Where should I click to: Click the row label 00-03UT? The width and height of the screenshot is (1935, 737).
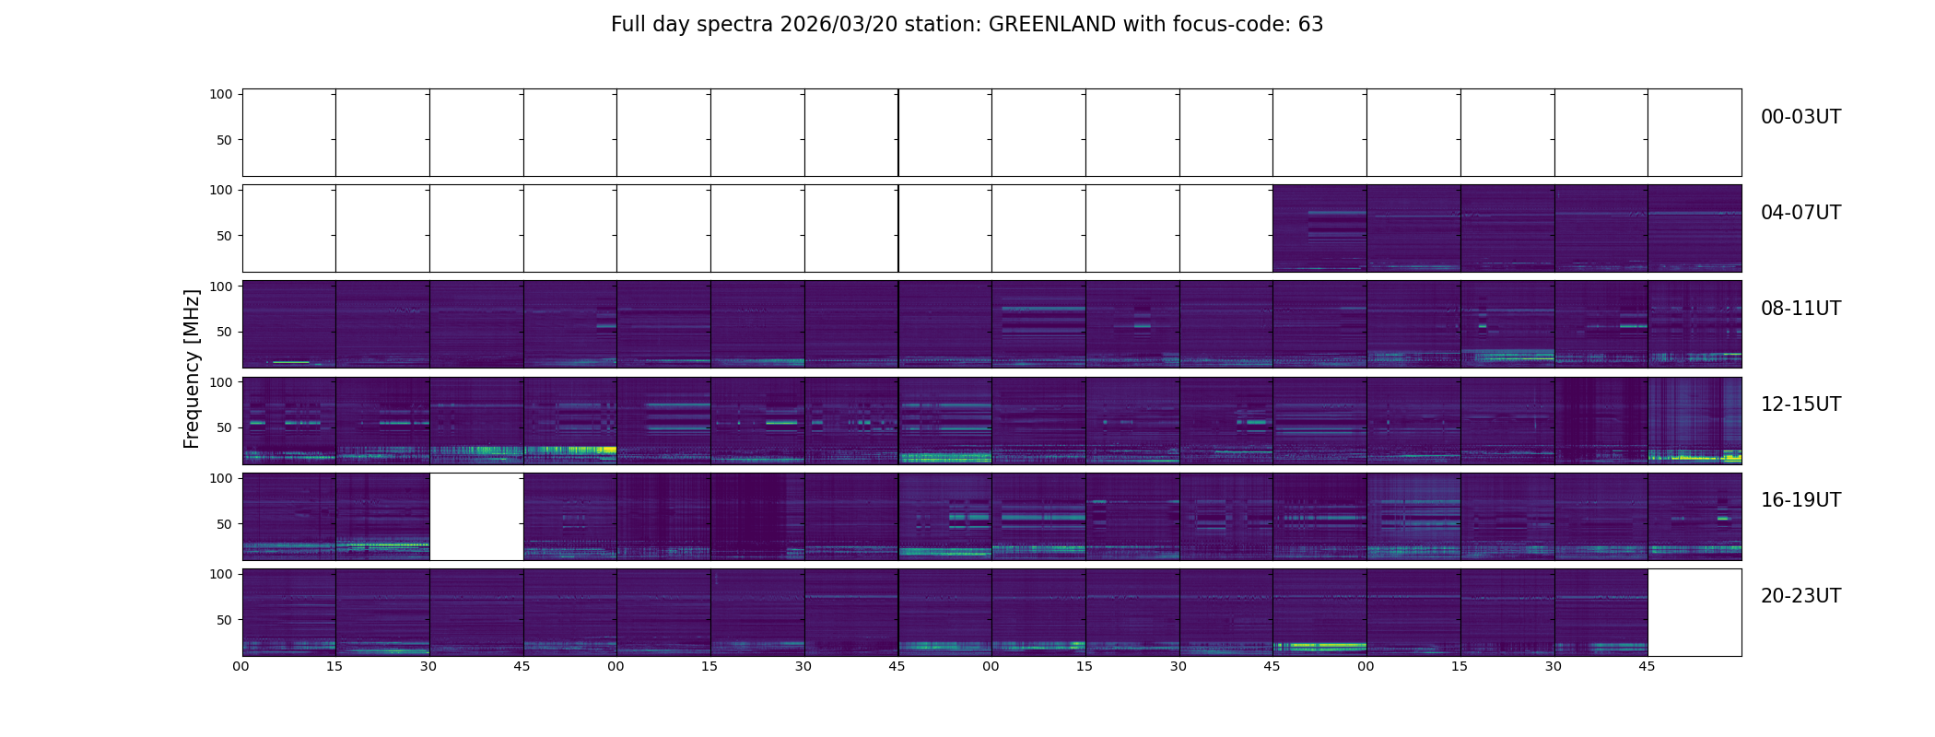(x=1800, y=117)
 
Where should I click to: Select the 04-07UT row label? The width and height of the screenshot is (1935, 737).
(x=1800, y=213)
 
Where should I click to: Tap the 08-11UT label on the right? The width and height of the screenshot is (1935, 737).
(x=1800, y=309)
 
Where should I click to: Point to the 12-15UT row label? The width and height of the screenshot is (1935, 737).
(x=1800, y=404)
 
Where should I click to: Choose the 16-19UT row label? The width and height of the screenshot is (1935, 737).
(x=1800, y=500)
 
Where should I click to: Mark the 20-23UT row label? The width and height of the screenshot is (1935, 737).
(x=1800, y=596)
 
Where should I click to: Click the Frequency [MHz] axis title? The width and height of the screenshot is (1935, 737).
(x=192, y=368)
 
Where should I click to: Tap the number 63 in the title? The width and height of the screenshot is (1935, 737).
(x=1310, y=25)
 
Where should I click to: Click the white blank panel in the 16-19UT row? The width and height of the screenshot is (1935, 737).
(x=476, y=517)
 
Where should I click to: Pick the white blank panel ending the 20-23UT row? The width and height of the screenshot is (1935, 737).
(x=1694, y=613)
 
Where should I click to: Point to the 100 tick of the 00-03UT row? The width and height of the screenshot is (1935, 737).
(x=221, y=94)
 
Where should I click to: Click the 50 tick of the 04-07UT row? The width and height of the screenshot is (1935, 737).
(x=224, y=236)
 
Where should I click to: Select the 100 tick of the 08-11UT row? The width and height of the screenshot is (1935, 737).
(x=221, y=286)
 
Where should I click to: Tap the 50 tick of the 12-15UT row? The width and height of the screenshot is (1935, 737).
(x=224, y=427)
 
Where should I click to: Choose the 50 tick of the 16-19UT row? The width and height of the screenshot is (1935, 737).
(x=224, y=523)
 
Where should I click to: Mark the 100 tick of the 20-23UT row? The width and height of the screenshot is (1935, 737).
(x=221, y=573)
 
